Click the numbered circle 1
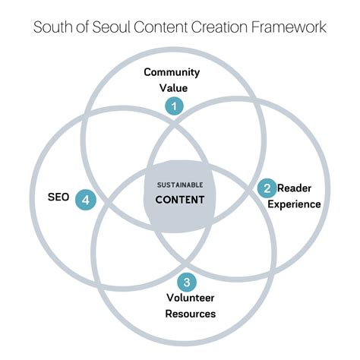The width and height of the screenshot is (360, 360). click(174, 106)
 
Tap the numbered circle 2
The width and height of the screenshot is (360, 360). click(267, 188)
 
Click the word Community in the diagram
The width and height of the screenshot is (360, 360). click(172, 73)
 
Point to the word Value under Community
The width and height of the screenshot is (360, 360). click(173, 87)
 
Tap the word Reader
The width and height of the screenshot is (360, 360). click(294, 188)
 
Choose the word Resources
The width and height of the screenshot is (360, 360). click(190, 314)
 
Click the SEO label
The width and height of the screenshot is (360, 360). click(58, 197)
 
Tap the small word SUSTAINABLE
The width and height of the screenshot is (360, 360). click(180, 185)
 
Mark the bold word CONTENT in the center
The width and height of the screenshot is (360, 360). click(180, 201)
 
